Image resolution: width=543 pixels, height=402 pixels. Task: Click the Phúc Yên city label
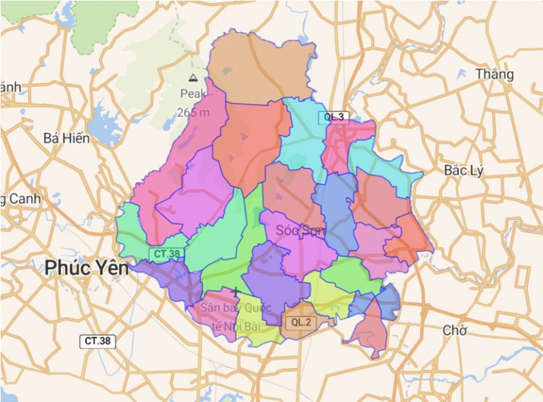[87, 268]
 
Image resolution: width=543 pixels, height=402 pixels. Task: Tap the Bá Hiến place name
[66, 138]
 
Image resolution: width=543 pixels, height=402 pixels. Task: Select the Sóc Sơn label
[300, 230]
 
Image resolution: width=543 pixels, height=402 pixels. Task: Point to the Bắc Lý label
[463, 171]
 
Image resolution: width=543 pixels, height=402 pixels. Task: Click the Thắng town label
[494, 74]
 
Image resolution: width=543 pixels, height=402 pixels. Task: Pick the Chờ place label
[455, 331]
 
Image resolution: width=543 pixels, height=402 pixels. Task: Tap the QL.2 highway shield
[301, 323]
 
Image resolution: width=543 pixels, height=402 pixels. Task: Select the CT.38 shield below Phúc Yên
[98, 341]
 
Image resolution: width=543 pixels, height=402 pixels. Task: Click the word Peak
[193, 93]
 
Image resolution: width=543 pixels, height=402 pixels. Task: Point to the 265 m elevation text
[193, 112]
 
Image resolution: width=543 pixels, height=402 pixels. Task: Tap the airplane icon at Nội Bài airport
[235, 291]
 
